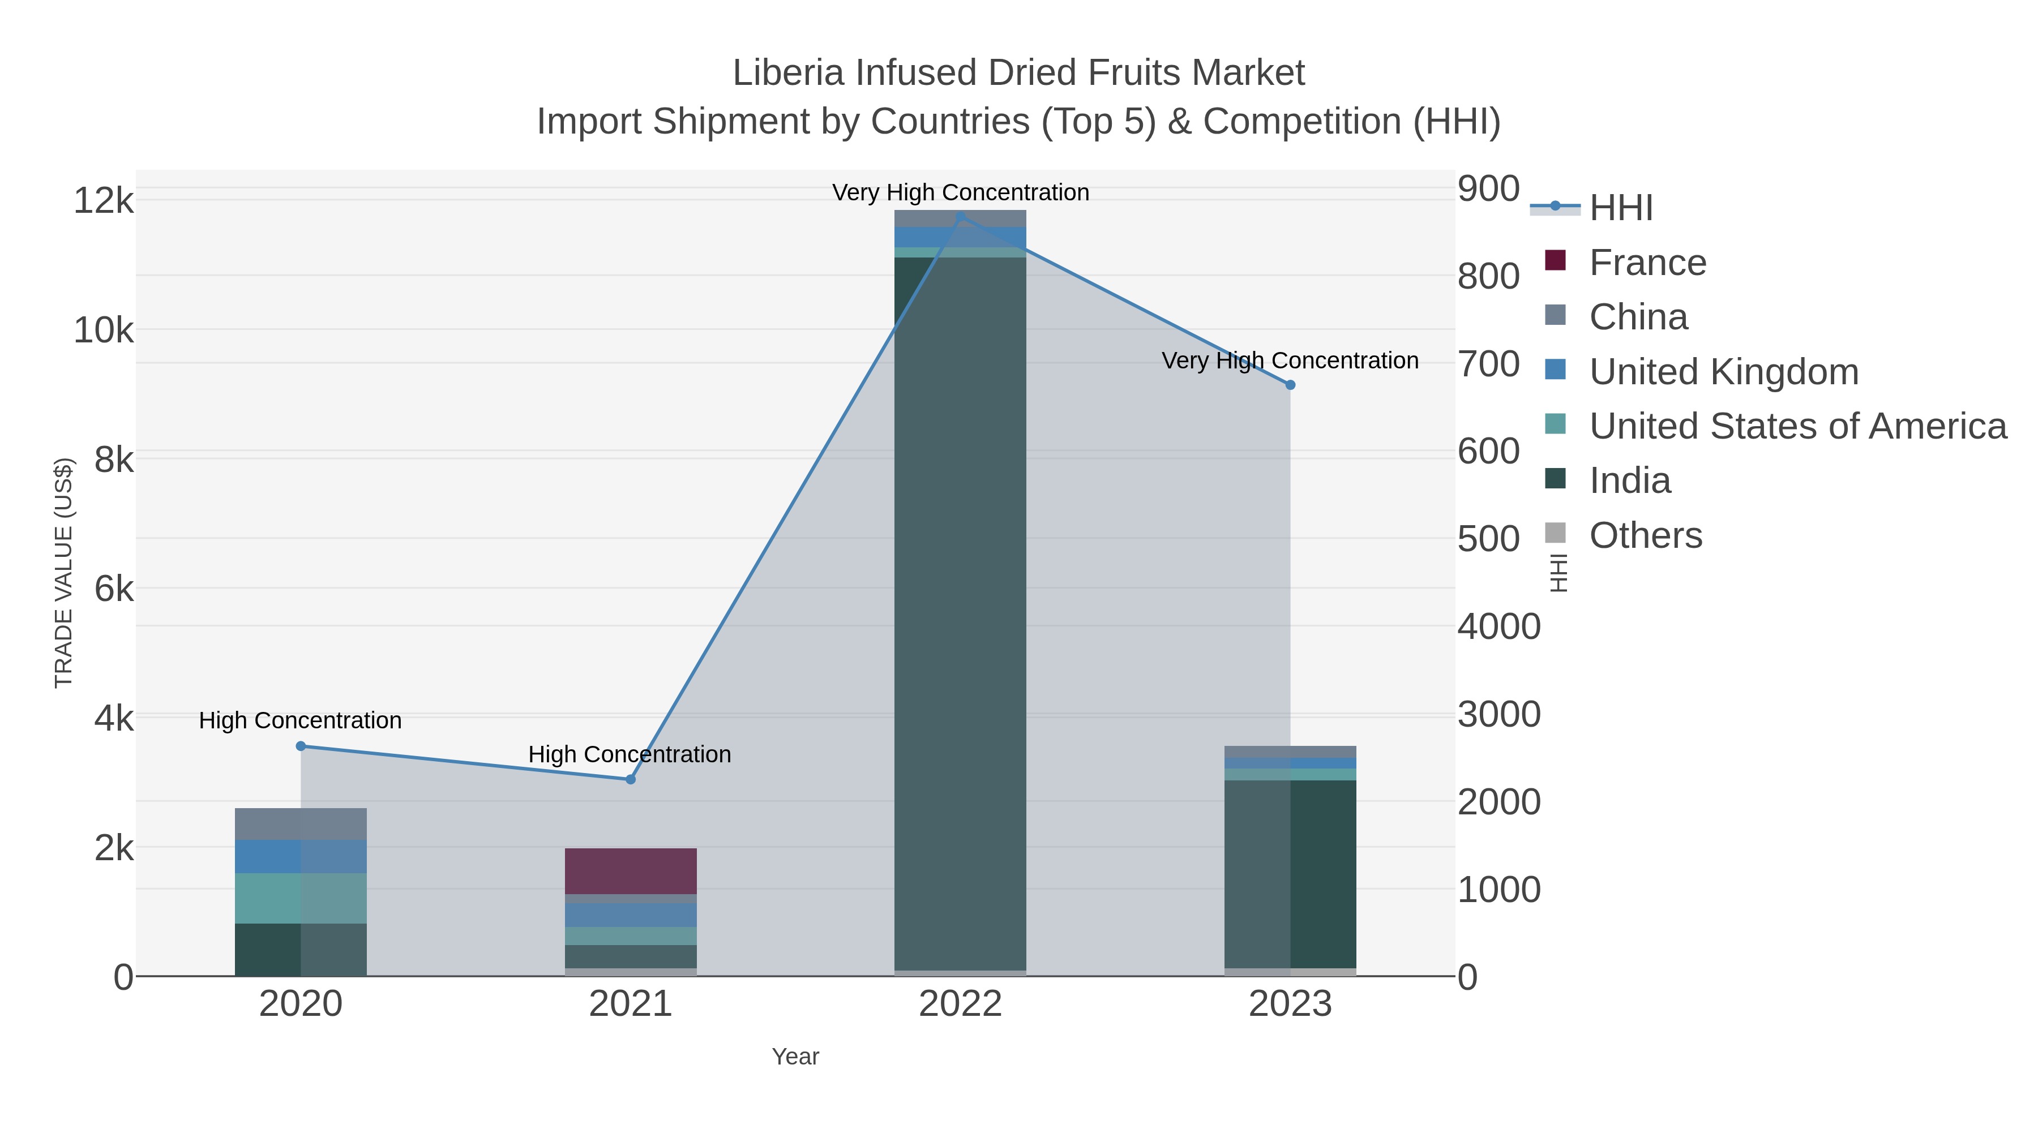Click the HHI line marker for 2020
(x=301, y=746)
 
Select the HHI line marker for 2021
(x=631, y=779)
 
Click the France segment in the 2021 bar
(x=631, y=871)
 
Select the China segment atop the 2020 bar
(x=301, y=823)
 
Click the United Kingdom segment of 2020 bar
(x=301, y=857)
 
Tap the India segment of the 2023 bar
(x=1290, y=874)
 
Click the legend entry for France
(x=1647, y=263)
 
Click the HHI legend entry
(x=1620, y=208)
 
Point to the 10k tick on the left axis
(x=104, y=331)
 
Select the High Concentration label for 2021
(x=630, y=754)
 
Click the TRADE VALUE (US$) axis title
(x=63, y=573)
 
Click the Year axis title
(x=795, y=1057)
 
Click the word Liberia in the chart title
(x=787, y=73)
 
